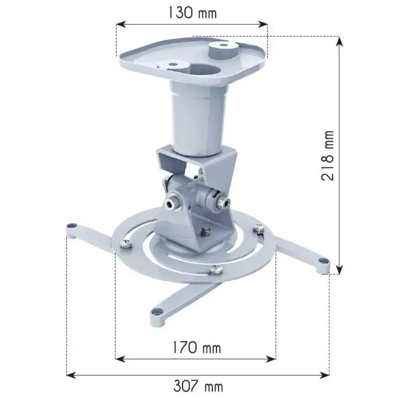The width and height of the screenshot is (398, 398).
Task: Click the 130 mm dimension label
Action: (191, 13)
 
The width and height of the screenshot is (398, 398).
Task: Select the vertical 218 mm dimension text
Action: (328, 156)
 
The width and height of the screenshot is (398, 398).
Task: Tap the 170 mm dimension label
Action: (196, 348)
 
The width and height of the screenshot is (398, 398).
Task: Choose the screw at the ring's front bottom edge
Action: (217, 269)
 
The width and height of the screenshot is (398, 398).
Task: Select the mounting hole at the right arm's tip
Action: (323, 261)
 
